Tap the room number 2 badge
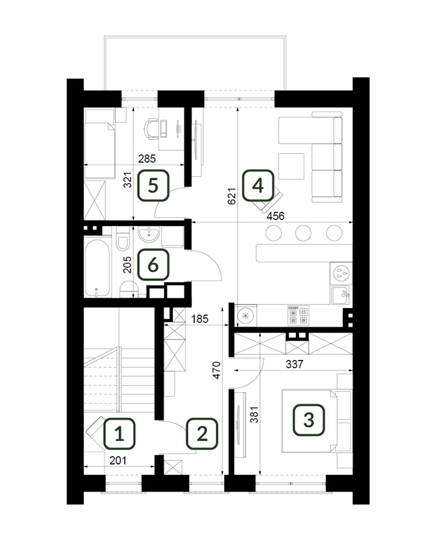coord(202,434)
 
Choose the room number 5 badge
coord(153,186)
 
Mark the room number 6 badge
coord(153,265)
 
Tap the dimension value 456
coord(275,216)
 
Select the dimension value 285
coord(147,159)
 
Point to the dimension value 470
coord(217,371)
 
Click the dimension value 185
coord(200,319)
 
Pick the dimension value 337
coord(294,364)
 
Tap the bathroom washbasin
coord(149,233)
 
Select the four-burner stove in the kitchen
coord(298,316)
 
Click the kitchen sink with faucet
coord(341,295)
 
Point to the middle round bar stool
coord(303,233)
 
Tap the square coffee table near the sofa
coord(291,167)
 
